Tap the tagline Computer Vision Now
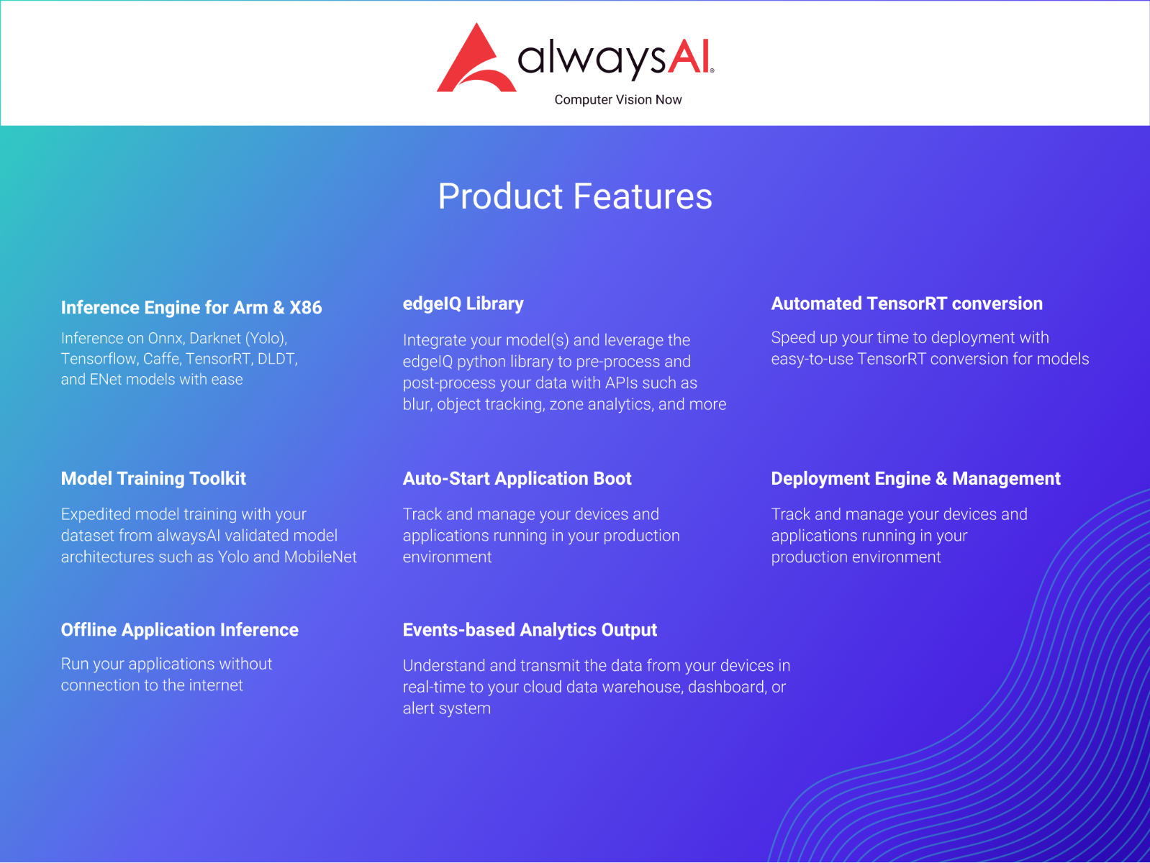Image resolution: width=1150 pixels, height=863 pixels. pos(617,99)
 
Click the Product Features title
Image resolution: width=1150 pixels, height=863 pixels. pos(575,196)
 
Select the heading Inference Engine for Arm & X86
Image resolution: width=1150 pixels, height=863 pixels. pos(191,307)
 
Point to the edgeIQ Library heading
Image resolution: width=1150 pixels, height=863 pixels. pos(463,303)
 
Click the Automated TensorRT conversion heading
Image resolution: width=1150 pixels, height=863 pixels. pos(906,303)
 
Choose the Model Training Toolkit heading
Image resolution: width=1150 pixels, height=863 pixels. pos(153,478)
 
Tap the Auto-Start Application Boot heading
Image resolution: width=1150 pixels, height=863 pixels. pos(517,478)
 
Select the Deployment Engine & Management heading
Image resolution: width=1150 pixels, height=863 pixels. pos(915,478)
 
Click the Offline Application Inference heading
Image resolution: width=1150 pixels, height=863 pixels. pos(180,629)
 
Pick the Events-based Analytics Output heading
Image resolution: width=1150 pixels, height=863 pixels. pos(530,629)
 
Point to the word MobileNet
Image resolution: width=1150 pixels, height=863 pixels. pos(320,557)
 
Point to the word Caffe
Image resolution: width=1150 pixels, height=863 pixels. pos(161,359)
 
